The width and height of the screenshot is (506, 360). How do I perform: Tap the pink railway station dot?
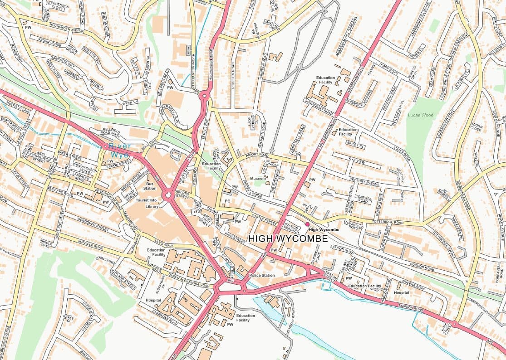(307, 224)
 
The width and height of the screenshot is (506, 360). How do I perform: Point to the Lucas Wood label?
(420, 115)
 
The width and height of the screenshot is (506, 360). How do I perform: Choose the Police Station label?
(262, 275)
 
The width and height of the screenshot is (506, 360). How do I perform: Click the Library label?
(152, 206)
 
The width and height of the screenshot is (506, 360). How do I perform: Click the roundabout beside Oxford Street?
(168, 195)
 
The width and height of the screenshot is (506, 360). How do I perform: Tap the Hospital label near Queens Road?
(401, 293)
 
